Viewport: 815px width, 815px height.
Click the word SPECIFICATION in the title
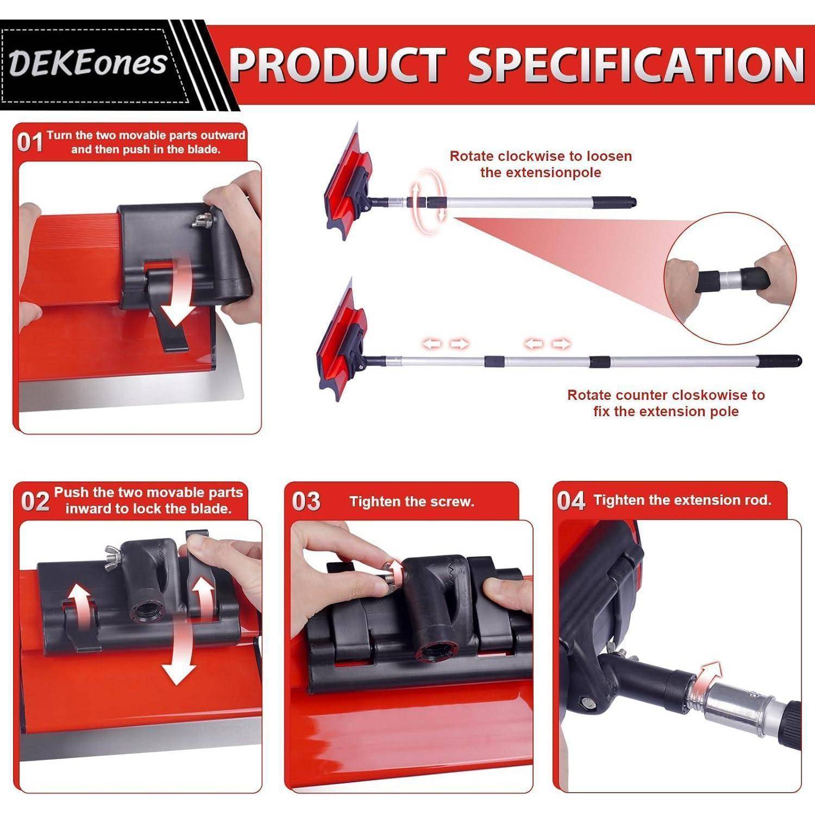(636, 65)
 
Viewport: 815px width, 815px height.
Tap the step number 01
(30, 142)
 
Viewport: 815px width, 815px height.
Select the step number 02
(35, 501)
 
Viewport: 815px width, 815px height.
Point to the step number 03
(306, 501)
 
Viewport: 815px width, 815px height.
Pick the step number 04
(571, 501)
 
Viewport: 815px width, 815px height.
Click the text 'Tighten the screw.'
(412, 501)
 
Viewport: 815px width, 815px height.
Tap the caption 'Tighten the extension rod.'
(682, 500)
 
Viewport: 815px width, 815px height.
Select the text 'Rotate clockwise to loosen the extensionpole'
(541, 164)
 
